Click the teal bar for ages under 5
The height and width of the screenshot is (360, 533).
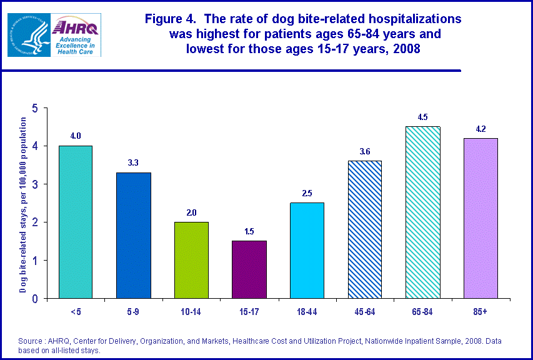75,222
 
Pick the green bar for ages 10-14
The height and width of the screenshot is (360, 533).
191,260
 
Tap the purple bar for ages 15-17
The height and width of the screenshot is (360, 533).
249,269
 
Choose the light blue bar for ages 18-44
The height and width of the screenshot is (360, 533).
307,250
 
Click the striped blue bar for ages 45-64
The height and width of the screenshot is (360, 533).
364,229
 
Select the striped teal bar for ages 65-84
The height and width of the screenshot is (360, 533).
422,212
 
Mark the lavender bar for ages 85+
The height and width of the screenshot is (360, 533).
481,218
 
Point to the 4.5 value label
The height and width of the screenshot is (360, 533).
422,117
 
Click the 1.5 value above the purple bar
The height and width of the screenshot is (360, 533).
249,231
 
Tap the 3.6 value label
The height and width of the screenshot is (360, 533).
364,151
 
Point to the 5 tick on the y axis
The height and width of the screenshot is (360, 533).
35,108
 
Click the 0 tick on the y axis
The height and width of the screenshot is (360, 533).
35,299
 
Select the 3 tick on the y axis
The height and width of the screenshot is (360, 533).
35,184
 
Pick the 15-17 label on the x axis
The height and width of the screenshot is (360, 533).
249,311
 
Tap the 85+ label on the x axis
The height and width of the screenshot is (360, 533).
481,311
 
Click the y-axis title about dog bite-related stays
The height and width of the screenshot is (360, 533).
22,204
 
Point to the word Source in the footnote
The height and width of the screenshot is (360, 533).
32,341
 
